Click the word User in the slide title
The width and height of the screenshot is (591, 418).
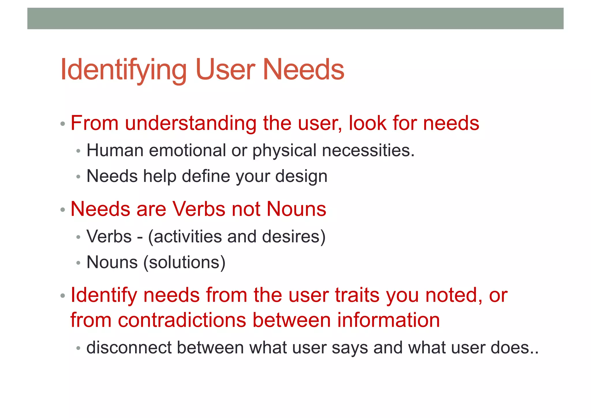pos(225,70)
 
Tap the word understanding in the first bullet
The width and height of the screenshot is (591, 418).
pos(190,123)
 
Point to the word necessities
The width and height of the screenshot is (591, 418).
pos(368,151)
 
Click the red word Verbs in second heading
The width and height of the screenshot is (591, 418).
pos(199,209)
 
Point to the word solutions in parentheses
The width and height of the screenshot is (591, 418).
pos(185,262)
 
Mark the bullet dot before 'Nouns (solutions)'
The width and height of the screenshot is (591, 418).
pos(78,263)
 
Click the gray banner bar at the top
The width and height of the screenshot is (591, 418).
pos(295,18)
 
